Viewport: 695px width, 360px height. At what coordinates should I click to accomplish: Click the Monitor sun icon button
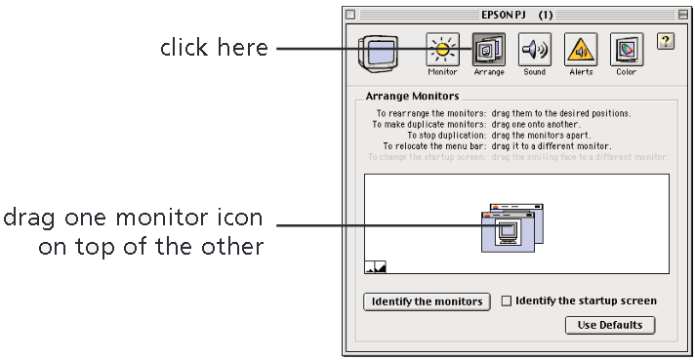pyautogui.click(x=442, y=48)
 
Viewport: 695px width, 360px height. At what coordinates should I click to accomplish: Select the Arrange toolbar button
pyautogui.click(x=488, y=48)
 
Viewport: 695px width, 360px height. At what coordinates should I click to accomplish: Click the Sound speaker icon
pyautogui.click(x=534, y=48)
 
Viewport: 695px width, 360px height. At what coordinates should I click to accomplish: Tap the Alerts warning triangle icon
pyautogui.click(x=581, y=48)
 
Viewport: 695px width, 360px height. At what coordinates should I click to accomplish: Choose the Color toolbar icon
pyautogui.click(x=626, y=48)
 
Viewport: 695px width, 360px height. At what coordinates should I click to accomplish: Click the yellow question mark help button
pyautogui.click(x=667, y=41)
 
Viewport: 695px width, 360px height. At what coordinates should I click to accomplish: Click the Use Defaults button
pyautogui.click(x=609, y=325)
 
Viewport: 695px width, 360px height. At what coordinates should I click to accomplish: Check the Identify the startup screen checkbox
pyautogui.click(x=506, y=301)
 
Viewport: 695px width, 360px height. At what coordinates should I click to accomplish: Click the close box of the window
pyautogui.click(x=351, y=15)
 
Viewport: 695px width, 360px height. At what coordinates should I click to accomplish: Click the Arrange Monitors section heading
pyautogui.click(x=411, y=97)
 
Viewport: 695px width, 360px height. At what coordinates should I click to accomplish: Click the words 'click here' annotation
pyautogui.click(x=214, y=48)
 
